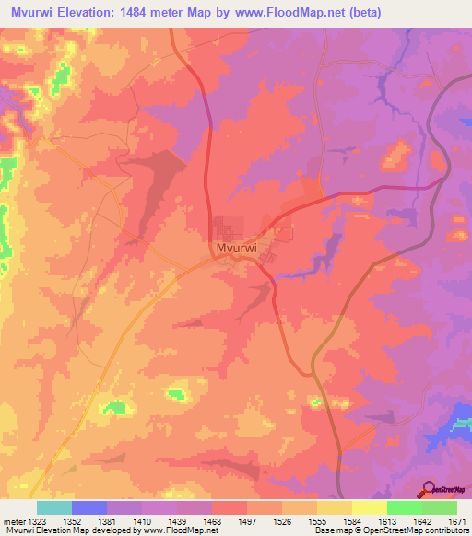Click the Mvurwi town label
point(235,249)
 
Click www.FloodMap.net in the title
point(282,13)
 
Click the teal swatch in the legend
point(53,508)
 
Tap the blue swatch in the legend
point(88,508)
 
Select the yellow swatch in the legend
point(369,508)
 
